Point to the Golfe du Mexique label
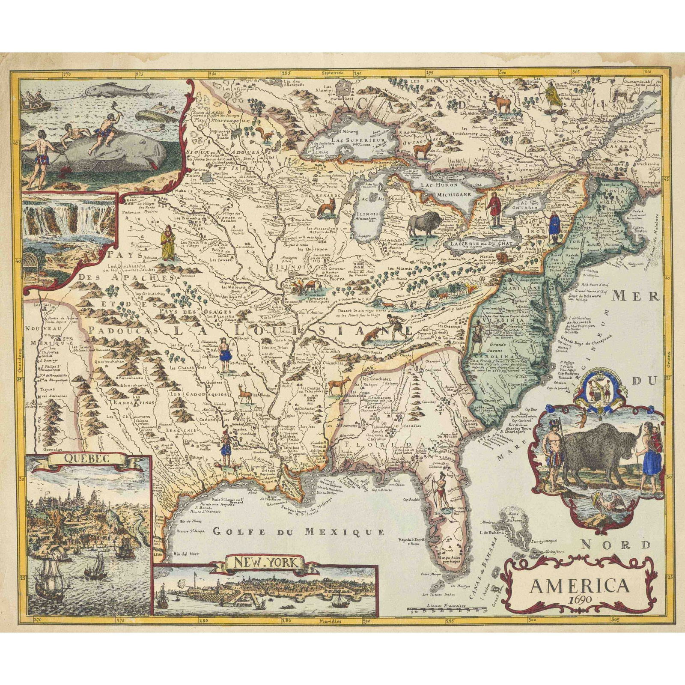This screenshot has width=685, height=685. click(x=298, y=532)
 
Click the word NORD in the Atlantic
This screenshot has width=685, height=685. click(x=616, y=545)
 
